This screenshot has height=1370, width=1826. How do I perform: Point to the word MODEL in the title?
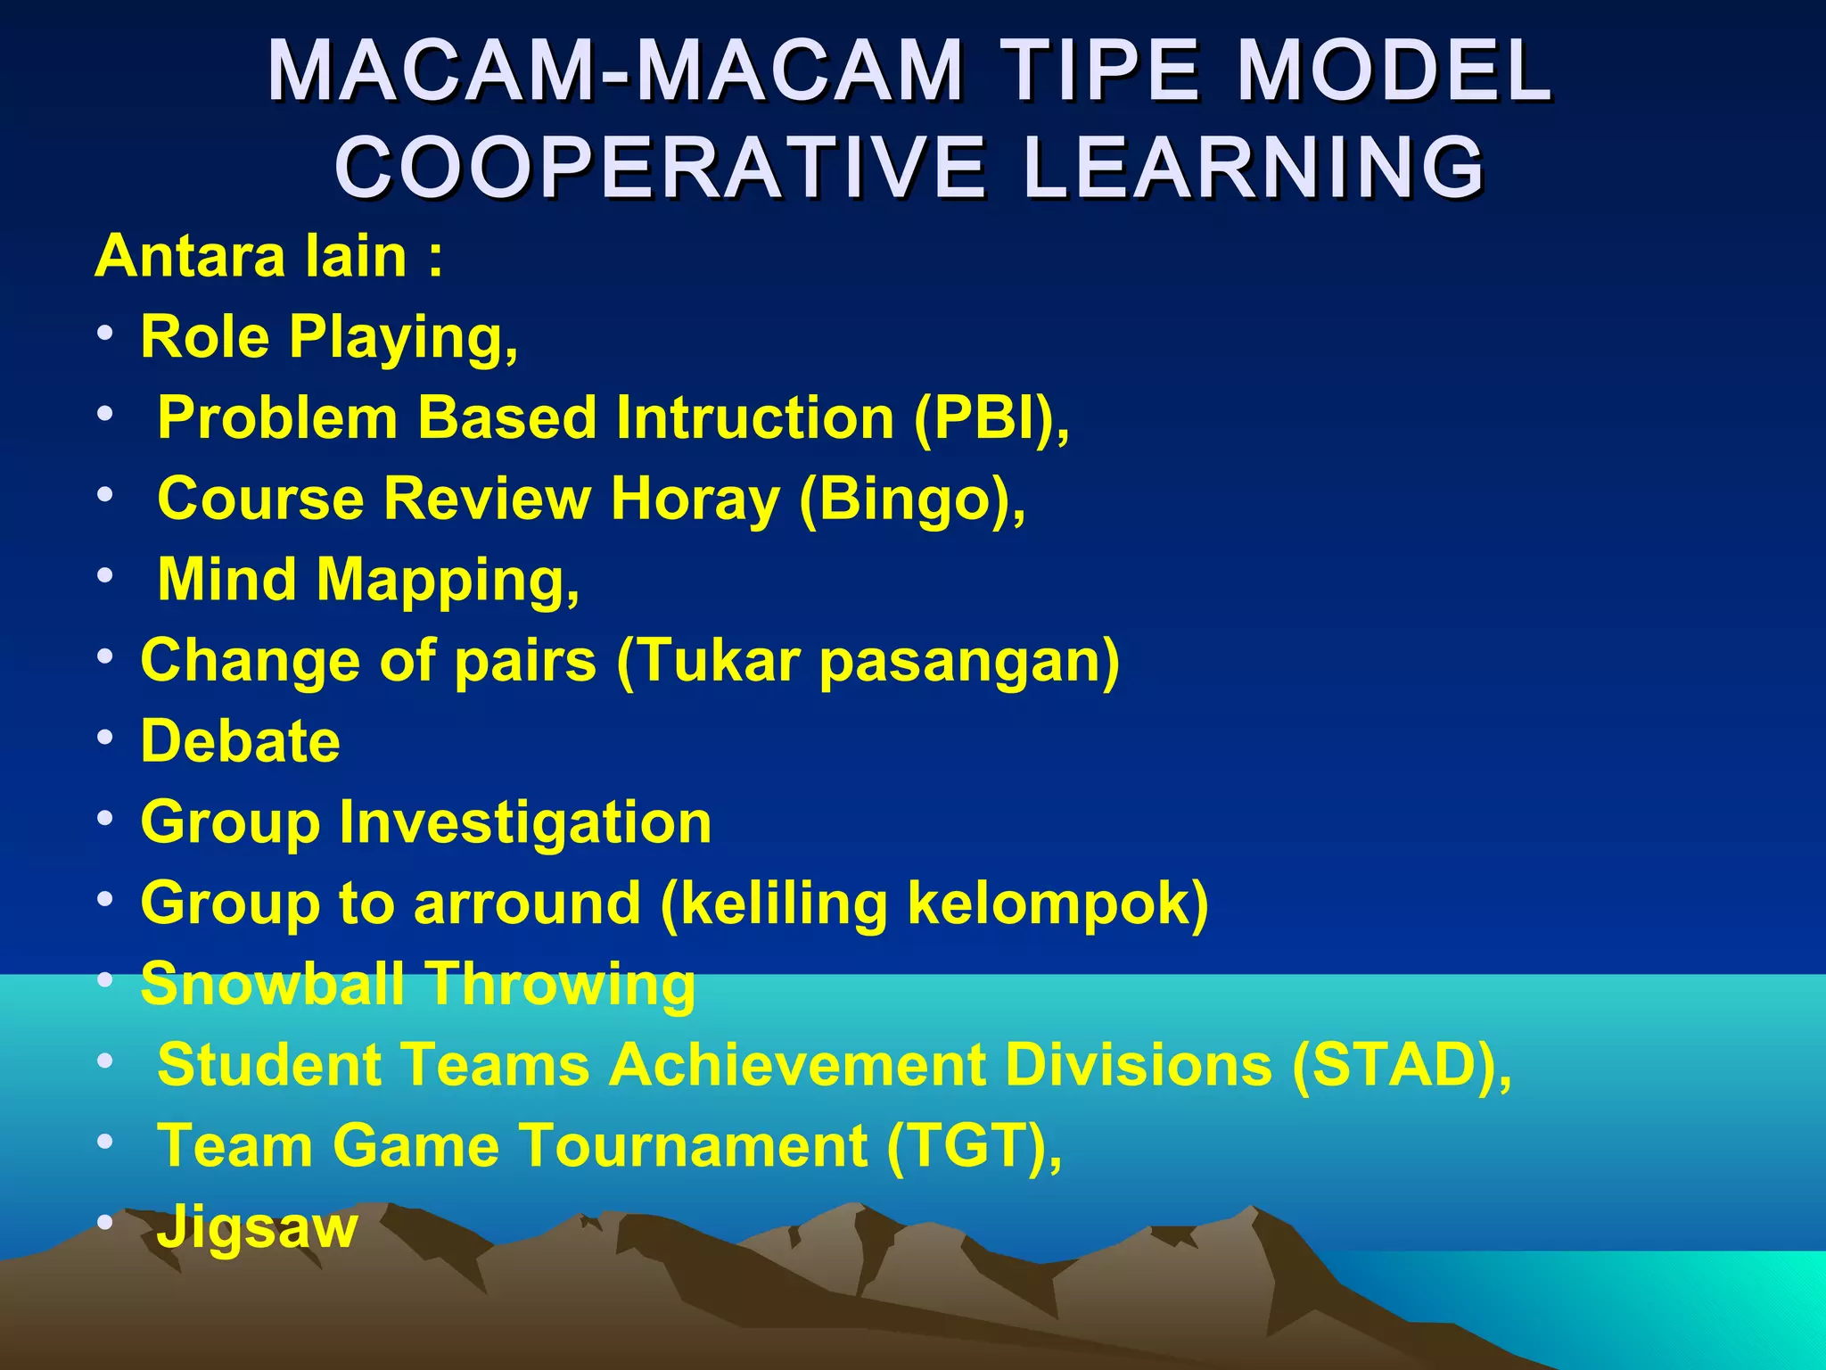click(1395, 71)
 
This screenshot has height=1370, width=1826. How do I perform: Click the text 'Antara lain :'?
click(268, 256)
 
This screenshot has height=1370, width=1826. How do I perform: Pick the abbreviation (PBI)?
click(990, 417)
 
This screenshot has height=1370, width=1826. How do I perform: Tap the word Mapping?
click(448, 581)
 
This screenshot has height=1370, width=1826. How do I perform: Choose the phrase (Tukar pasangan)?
click(868, 661)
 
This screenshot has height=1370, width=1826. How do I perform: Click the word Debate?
click(241, 741)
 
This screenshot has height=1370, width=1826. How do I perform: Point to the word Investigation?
click(525, 821)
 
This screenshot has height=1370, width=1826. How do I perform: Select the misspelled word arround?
click(527, 903)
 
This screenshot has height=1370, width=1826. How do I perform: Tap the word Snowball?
click(272, 984)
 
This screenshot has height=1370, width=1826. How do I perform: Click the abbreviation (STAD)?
click(1401, 1065)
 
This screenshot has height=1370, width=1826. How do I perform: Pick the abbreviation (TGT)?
click(973, 1145)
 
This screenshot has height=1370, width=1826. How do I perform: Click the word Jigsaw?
click(258, 1228)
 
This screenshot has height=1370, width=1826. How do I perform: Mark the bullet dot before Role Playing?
click(105, 334)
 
